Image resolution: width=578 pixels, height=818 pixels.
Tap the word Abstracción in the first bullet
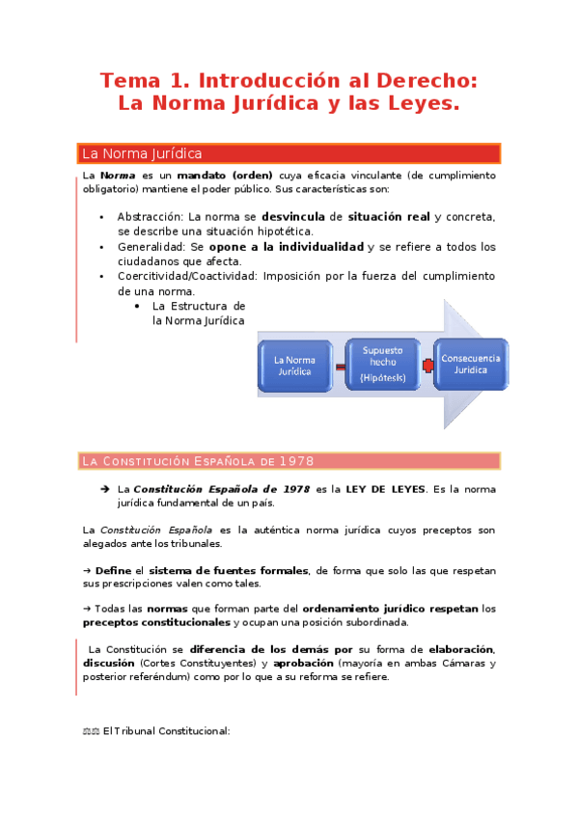pyautogui.click(x=151, y=217)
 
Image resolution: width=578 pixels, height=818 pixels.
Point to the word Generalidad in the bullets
pyautogui.click(x=152, y=247)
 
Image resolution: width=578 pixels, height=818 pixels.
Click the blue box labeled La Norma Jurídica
pyautogui.click(x=296, y=366)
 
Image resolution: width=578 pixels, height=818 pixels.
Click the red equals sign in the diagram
pyautogui.click(x=340, y=367)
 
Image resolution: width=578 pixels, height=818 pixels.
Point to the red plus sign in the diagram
pyautogui.click(x=426, y=366)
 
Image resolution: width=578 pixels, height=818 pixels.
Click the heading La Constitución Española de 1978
pyautogui.click(x=198, y=461)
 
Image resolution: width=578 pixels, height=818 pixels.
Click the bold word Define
pyautogui.click(x=113, y=570)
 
